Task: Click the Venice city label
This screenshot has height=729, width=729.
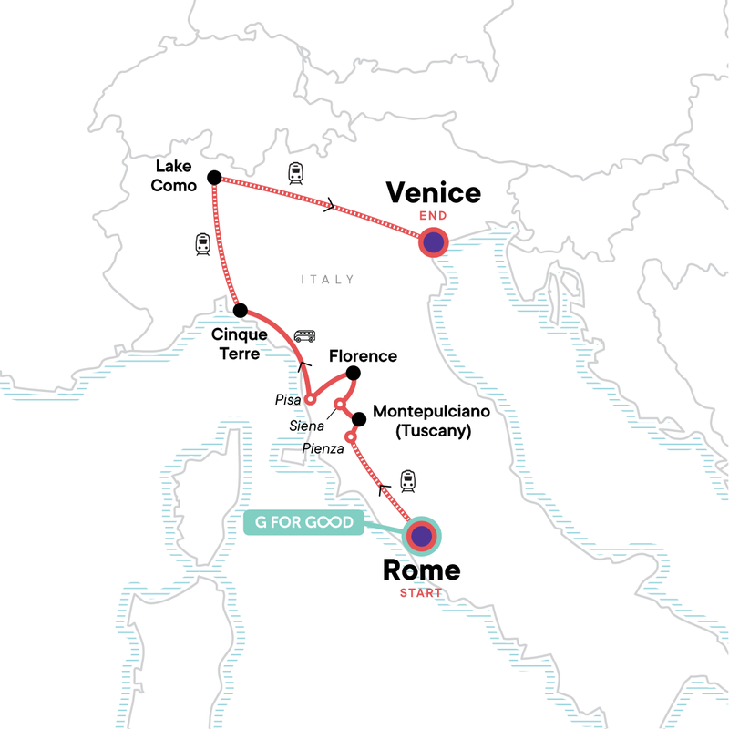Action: (x=433, y=193)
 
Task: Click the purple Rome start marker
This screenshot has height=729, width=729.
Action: (x=420, y=537)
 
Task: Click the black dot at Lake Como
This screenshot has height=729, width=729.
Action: (x=214, y=177)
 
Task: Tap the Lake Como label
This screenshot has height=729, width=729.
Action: (x=175, y=174)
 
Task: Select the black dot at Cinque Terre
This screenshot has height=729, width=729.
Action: (x=240, y=310)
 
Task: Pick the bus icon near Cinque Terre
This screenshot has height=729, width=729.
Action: (x=304, y=334)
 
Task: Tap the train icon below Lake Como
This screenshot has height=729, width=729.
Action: (x=203, y=243)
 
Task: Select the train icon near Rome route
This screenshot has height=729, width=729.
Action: (x=407, y=478)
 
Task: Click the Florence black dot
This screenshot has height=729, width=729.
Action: (x=354, y=374)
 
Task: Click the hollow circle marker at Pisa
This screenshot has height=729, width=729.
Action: (x=310, y=398)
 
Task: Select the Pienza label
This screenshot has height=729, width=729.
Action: (x=323, y=449)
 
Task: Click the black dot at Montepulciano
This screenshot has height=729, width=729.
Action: (x=359, y=419)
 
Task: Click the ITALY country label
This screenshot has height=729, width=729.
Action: (x=327, y=280)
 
